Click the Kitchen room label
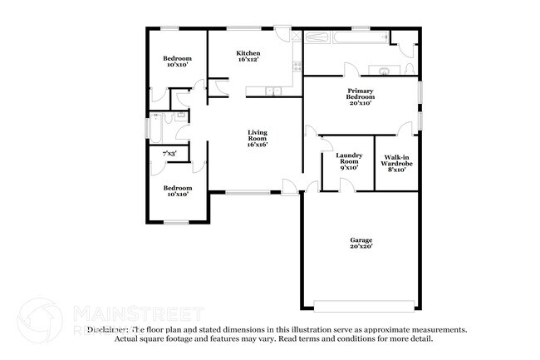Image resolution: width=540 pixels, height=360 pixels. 248,53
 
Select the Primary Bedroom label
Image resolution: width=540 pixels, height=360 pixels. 360,93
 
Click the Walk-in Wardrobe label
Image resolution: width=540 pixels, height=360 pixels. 395,160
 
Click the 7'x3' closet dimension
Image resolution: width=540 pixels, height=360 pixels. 169,153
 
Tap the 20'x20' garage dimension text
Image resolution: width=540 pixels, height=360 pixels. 360,246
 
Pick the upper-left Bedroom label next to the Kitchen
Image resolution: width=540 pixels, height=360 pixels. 177,58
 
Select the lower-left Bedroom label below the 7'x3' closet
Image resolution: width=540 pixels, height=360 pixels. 177,188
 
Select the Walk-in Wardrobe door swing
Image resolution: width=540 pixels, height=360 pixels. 405,128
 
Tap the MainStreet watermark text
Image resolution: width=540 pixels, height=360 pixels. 137,313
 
